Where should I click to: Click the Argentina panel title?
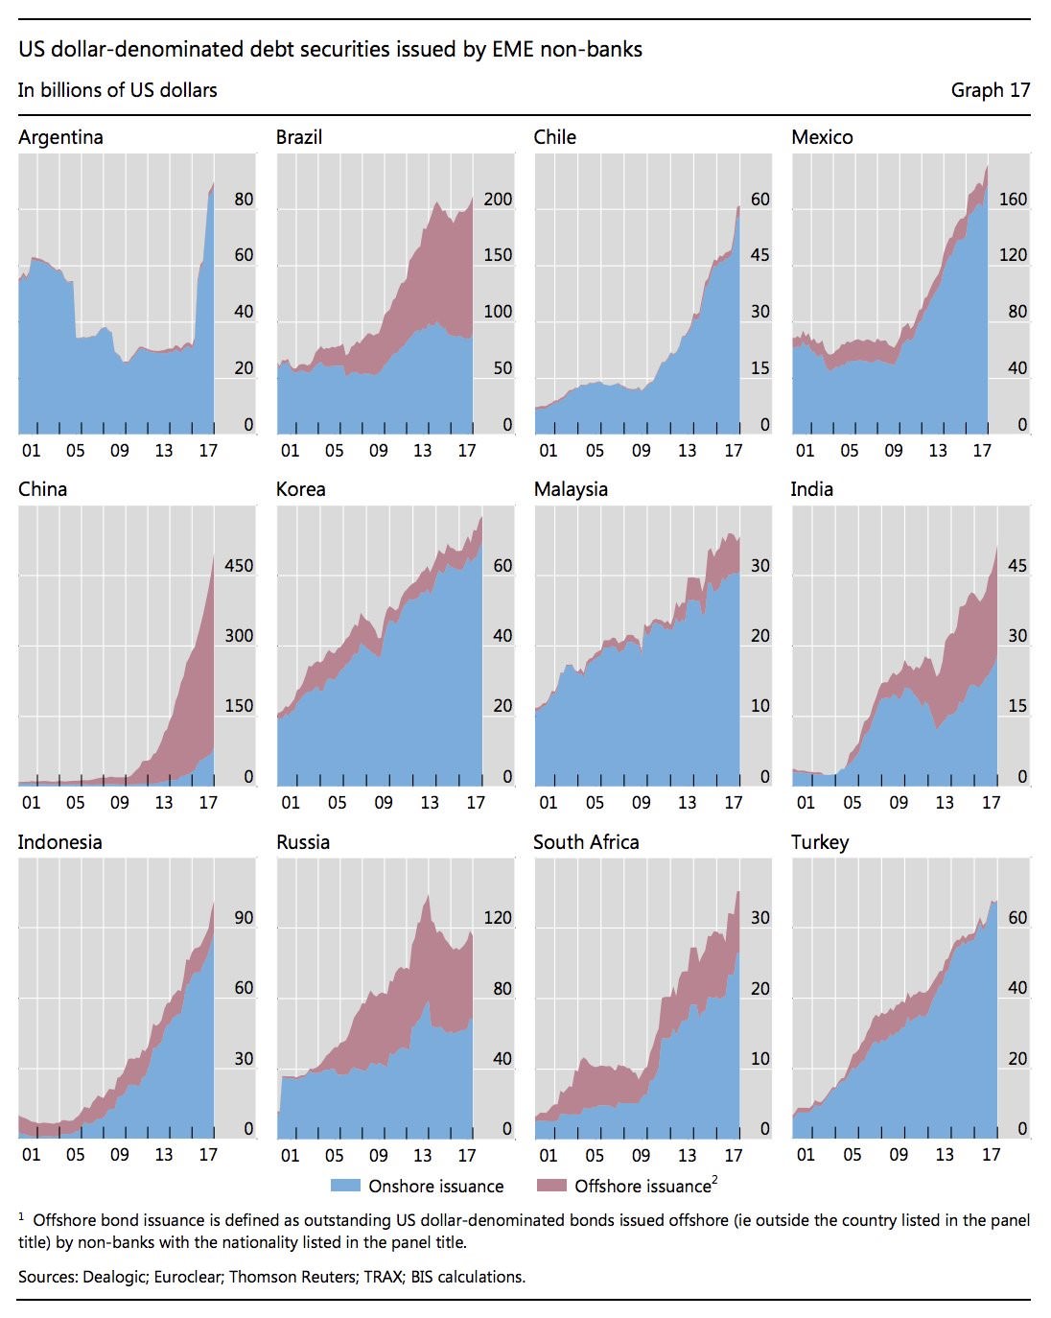(x=60, y=137)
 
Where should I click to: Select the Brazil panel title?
(x=299, y=137)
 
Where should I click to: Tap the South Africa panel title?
(x=586, y=842)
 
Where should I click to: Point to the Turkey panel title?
(x=820, y=842)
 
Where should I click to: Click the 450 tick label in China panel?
(x=239, y=566)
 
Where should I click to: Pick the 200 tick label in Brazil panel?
(x=498, y=200)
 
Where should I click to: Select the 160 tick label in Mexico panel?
(x=1013, y=200)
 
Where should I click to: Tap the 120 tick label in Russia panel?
(x=498, y=918)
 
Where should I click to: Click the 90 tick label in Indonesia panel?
(x=244, y=918)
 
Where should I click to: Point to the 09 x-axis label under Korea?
(x=384, y=803)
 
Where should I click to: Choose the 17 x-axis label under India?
(x=992, y=803)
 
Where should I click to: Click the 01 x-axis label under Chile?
(x=549, y=451)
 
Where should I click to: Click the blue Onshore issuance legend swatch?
(x=345, y=1186)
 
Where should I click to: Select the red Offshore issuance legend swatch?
(x=551, y=1186)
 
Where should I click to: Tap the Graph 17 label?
(x=991, y=90)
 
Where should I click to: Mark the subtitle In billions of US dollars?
(x=117, y=90)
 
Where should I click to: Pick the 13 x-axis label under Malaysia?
(x=688, y=803)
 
